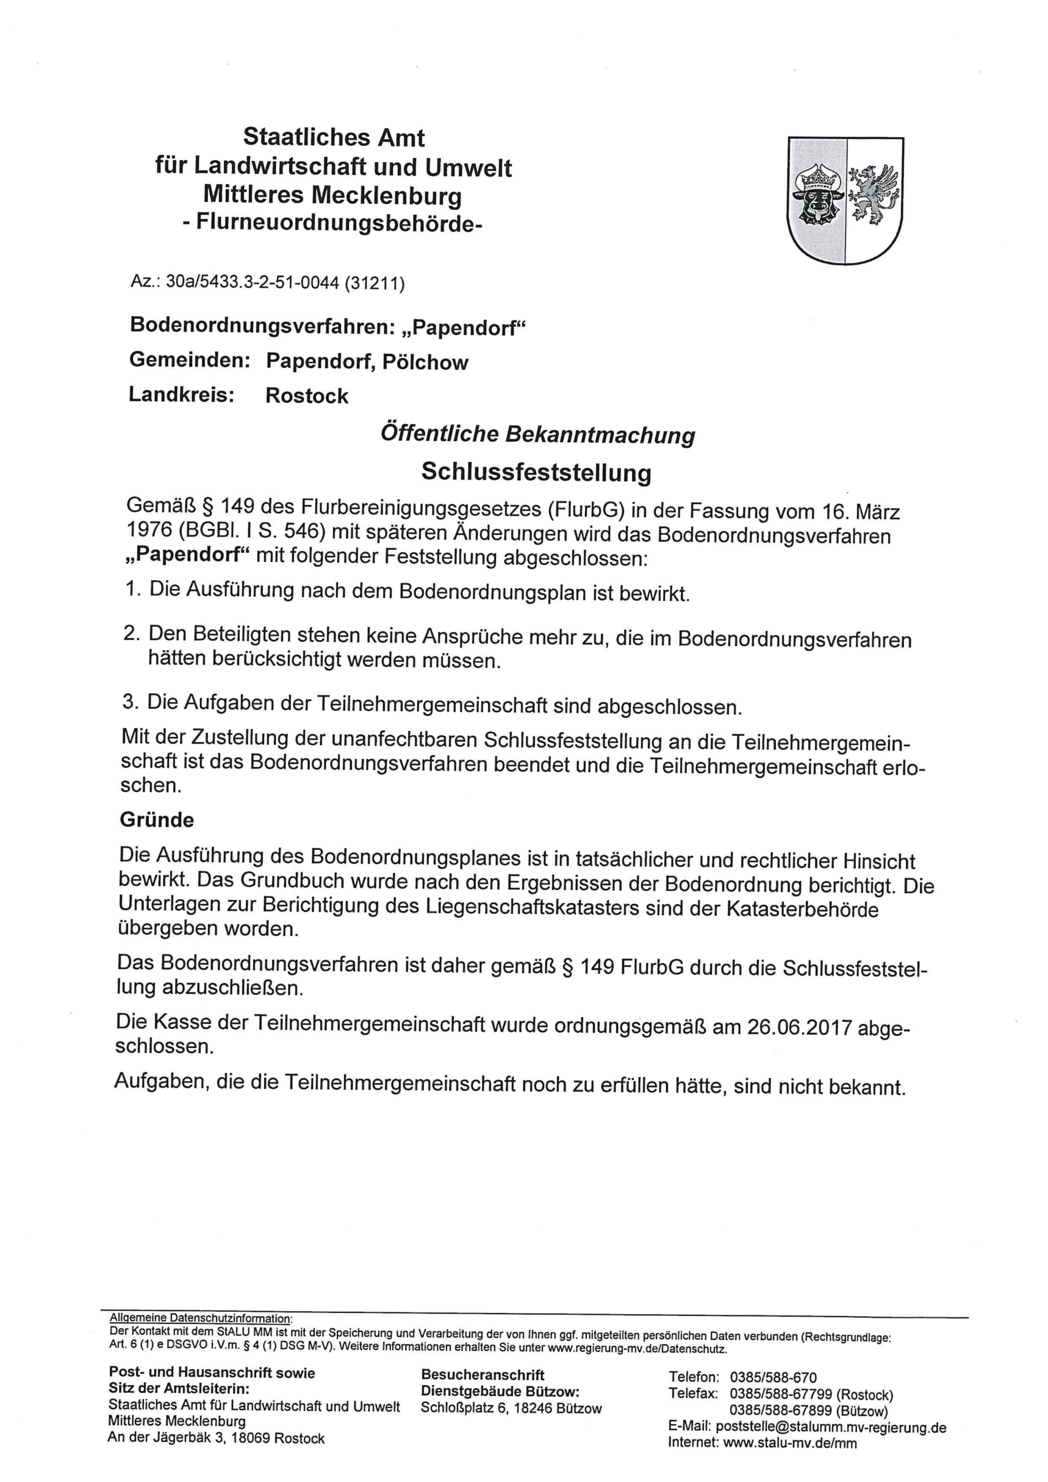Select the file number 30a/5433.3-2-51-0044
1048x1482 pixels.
pyautogui.click(x=252, y=283)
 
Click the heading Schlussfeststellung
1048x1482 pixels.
pyautogui.click(x=536, y=472)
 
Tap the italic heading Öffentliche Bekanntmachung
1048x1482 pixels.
pyautogui.click(x=537, y=434)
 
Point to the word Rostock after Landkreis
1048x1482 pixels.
pyautogui.click(x=307, y=395)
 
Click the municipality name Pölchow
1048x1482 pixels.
pyautogui.click(x=425, y=362)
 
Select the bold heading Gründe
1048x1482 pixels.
pyautogui.click(x=157, y=820)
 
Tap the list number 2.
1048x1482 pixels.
pyautogui.click(x=132, y=633)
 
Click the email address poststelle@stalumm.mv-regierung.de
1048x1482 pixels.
pyautogui.click(x=830, y=1427)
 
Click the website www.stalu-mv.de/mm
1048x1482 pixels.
pyautogui.click(x=790, y=1443)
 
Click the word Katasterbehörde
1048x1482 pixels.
pyautogui.click(x=802, y=909)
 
